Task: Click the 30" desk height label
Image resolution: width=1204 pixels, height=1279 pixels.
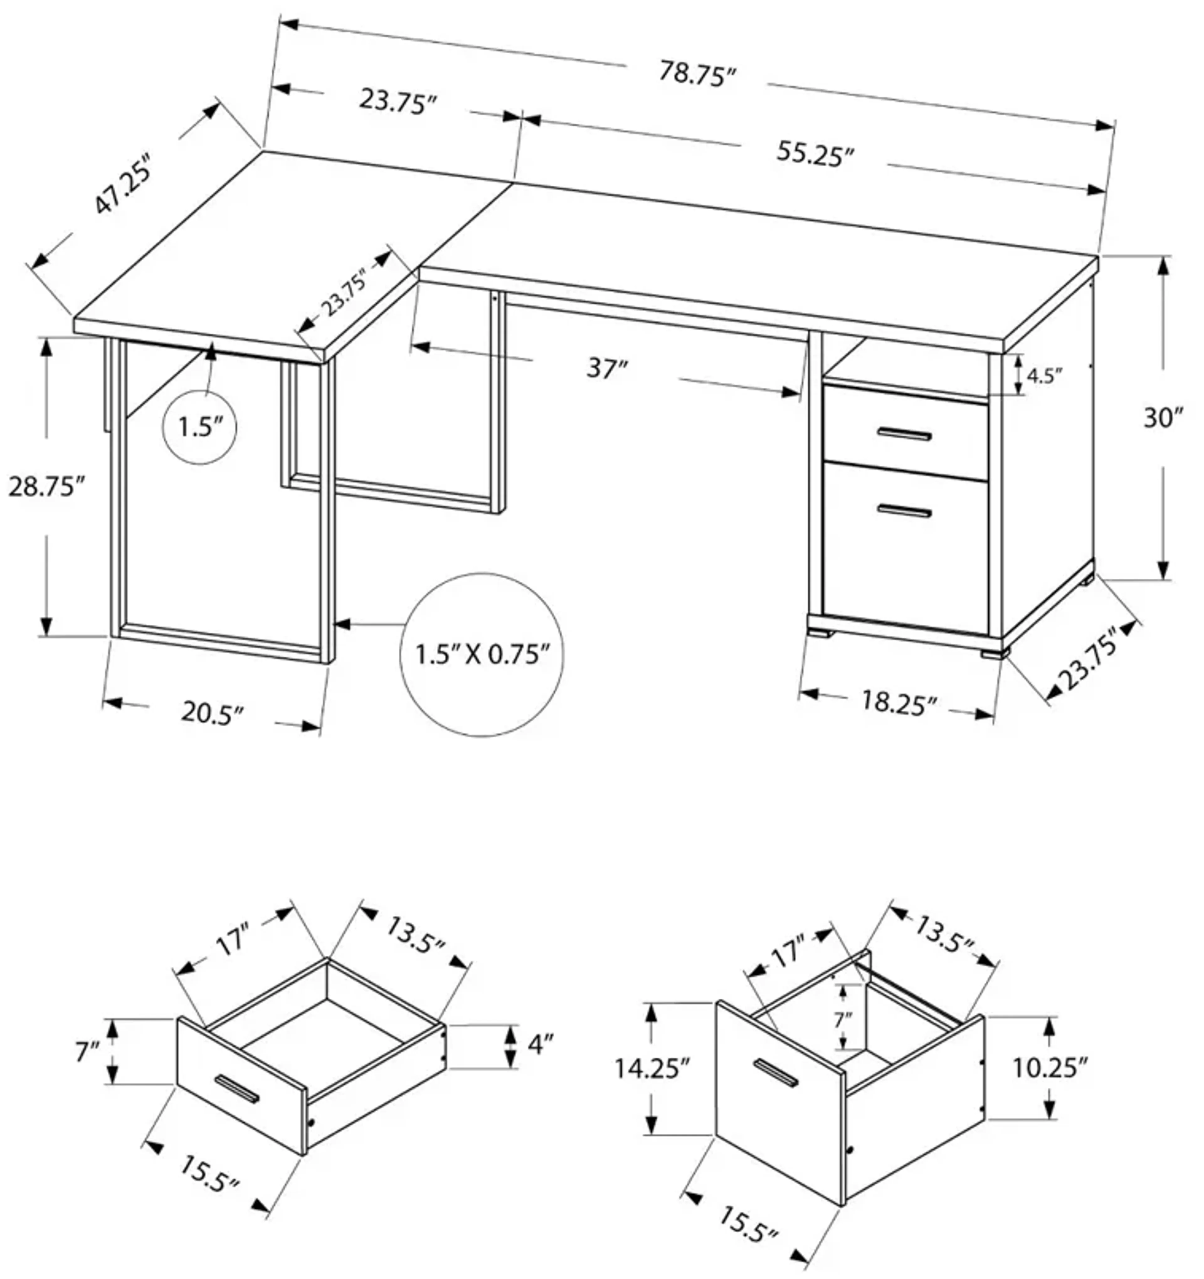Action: (x=1163, y=418)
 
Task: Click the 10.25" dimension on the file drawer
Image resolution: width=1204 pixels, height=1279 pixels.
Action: (x=1050, y=1068)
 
